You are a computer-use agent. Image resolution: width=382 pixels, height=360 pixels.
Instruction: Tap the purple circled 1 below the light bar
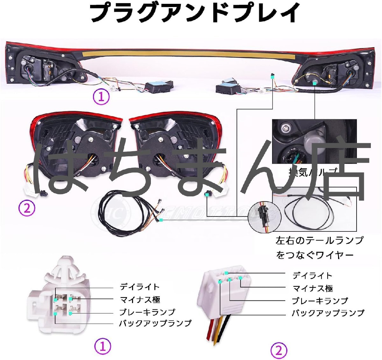pos(101,96)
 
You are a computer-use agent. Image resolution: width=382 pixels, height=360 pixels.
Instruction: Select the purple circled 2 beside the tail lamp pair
pos(27,209)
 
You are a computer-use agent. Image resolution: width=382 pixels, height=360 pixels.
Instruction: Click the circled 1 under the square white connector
pos(103,346)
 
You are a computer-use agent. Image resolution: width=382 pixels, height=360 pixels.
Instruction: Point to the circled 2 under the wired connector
pos(279,351)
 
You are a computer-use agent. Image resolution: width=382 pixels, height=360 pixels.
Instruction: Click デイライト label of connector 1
pos(139,287)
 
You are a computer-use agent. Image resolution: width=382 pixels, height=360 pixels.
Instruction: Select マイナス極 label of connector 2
pos(313,288)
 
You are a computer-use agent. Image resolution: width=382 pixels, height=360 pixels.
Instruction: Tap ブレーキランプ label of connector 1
pos(147,312)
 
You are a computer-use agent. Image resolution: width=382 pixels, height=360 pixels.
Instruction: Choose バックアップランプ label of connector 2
pos(328,313)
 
